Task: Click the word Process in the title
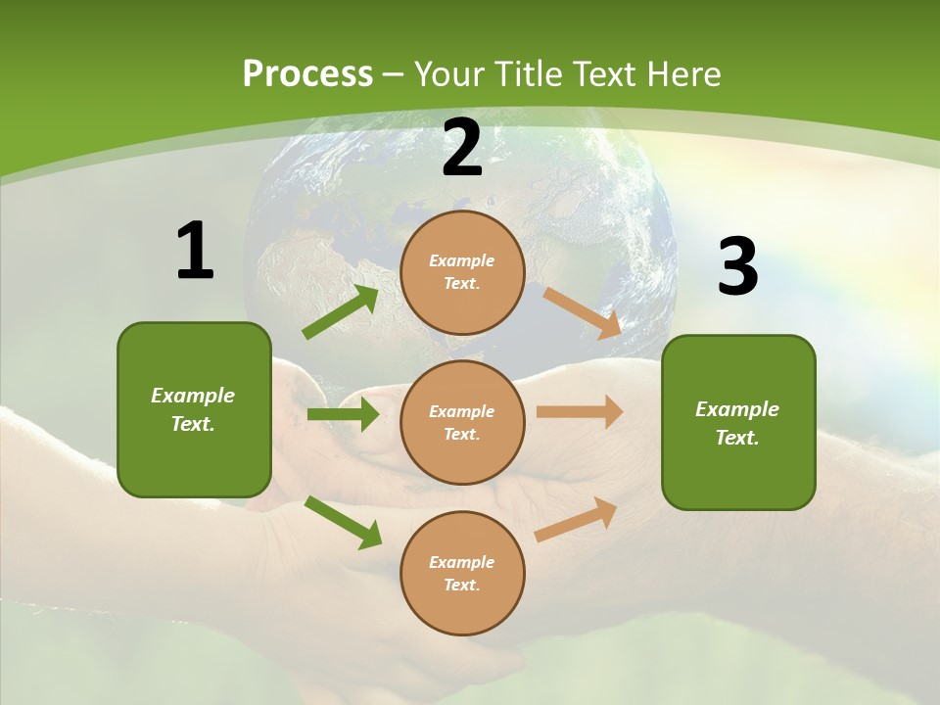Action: point(307,73)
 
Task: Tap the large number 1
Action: point(194,251)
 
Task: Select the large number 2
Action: point(462,148)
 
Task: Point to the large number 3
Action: point(737,267)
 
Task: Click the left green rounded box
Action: point(194,409)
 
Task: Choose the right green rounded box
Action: point(738,422)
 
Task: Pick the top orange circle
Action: point(462,272)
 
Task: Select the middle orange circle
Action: point(462,422)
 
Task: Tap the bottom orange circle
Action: point(462,573)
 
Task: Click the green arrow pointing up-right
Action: point(341,311)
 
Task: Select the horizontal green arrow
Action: point(343,414)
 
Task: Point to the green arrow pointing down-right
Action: point(344,522)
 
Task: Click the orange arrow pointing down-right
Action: point(583,313)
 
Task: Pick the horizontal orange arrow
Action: point(580,412)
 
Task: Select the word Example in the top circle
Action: point(462,260)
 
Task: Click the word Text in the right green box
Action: point(736,438)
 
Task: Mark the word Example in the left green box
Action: point(193,396)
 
